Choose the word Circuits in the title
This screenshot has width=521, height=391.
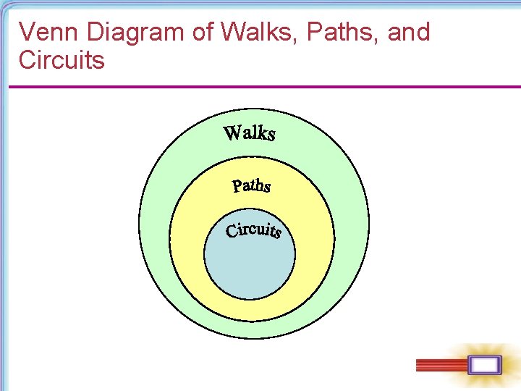[x=62, y=59]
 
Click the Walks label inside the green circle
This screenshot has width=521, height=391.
[x=250, y=133]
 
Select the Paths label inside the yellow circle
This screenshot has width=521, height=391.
[x=251, y=186]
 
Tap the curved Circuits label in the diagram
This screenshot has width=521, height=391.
[x=253, y=230]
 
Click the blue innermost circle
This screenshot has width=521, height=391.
[x=250, y=268]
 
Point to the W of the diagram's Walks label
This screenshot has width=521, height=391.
[x=233, y=133]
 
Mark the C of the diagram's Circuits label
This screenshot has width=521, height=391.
[x=232, y=232]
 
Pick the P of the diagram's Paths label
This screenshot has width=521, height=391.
[x=237, y=186]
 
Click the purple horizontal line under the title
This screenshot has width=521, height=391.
[x=260, y=88]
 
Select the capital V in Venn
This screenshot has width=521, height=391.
[x=26, y=32]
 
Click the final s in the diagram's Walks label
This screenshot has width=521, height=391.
[x=270, y=135]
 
